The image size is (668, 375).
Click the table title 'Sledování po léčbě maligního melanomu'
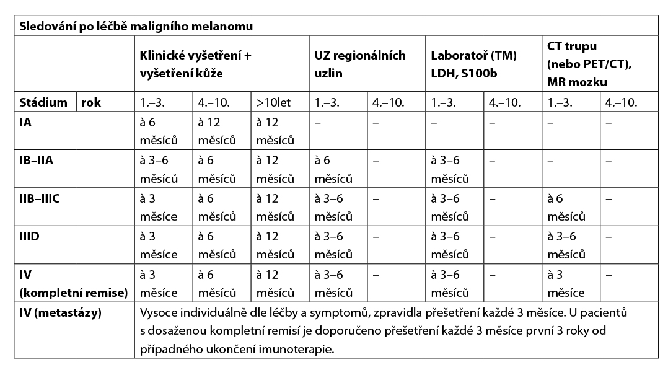[136, 27]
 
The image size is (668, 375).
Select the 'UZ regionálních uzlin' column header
[359, 63]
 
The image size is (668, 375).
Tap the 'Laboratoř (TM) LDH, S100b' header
[474, 63]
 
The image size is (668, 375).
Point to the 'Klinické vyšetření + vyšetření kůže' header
[196, 63]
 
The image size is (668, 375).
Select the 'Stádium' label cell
[43, 102]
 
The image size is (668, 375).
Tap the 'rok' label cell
[91, 102]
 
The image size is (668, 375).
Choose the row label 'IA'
[25, 122]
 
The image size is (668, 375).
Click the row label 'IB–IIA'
[36, 161]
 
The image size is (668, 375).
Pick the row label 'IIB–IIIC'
[40, 198]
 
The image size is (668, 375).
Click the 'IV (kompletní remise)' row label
[74, 283]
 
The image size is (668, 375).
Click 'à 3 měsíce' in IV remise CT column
[565, 283]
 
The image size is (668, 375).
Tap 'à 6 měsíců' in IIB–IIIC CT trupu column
[566, 208]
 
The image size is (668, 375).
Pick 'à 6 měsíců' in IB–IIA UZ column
[333, 169]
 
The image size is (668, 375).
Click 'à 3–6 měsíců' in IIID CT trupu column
[566, 245]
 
